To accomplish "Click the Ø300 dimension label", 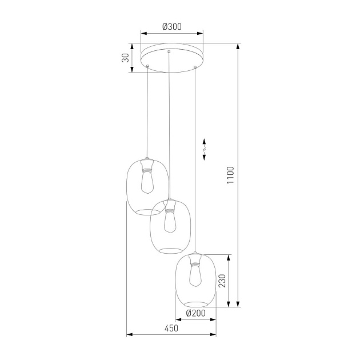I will click(x=172, y=26).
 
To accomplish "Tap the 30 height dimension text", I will click(x=125, y=58).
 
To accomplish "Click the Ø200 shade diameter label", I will click(x=196, y=313).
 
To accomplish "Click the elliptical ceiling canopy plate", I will click(x=171, y=59).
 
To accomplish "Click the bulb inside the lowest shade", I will click(x=195, y=276).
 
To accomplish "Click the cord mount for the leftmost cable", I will click(x=147, y=67).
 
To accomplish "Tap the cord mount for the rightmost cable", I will click(x=195, y=68).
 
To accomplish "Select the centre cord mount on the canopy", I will click(x=169, y=53).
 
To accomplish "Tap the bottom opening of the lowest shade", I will click(x=195, y=302).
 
